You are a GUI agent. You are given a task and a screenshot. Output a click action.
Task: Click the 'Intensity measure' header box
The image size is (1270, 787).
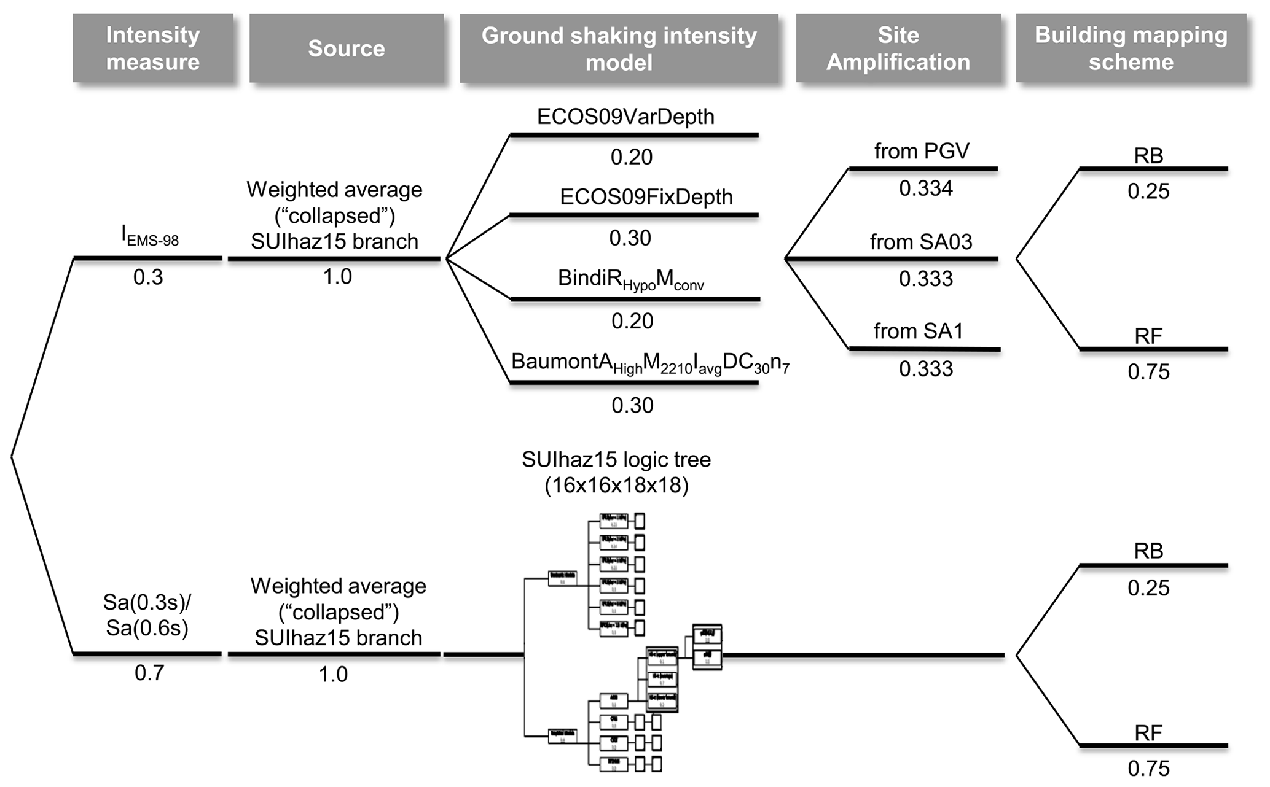[x=152, y=48]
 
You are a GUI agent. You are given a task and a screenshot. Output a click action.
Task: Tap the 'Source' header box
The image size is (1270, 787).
[x=347, y=48]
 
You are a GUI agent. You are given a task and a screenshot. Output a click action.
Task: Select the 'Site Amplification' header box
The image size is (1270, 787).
[x=898, y=48]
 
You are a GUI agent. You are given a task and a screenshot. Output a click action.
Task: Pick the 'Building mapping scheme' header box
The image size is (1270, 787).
[x=1131, y=48]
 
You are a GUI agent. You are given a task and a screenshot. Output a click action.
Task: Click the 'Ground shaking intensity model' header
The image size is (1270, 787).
[x=619, y=48]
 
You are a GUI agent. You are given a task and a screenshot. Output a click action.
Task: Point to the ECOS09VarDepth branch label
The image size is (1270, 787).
[x=625, y=117]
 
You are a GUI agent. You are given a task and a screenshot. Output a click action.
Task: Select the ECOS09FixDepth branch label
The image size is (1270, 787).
[x=646, y=197]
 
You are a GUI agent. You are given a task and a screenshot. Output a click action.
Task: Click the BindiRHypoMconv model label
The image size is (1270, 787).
[x=630, y=279]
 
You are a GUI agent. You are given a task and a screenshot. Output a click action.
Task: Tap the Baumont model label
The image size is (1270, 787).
[x=650, y=363]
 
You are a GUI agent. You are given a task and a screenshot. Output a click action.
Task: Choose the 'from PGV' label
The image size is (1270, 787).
[x=922, y=151]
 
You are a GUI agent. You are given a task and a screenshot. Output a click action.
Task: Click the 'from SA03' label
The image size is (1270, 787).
[x=921, y=242]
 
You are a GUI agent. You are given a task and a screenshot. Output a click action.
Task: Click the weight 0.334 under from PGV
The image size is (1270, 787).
[x=926, y=188]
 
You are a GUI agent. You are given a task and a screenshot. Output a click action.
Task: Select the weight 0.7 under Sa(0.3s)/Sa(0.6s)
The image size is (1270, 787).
[x=149, y=673]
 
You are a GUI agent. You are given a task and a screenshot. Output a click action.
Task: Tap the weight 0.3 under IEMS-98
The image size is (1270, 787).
[x=148, y=277]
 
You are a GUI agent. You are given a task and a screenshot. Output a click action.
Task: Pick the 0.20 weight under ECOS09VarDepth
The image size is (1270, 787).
[x=632, y=158]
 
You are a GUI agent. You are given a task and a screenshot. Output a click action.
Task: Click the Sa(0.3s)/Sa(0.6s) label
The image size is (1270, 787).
[x=147, y=615]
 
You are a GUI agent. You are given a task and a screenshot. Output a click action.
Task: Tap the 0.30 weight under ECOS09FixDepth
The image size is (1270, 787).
[x=630, y=238]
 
